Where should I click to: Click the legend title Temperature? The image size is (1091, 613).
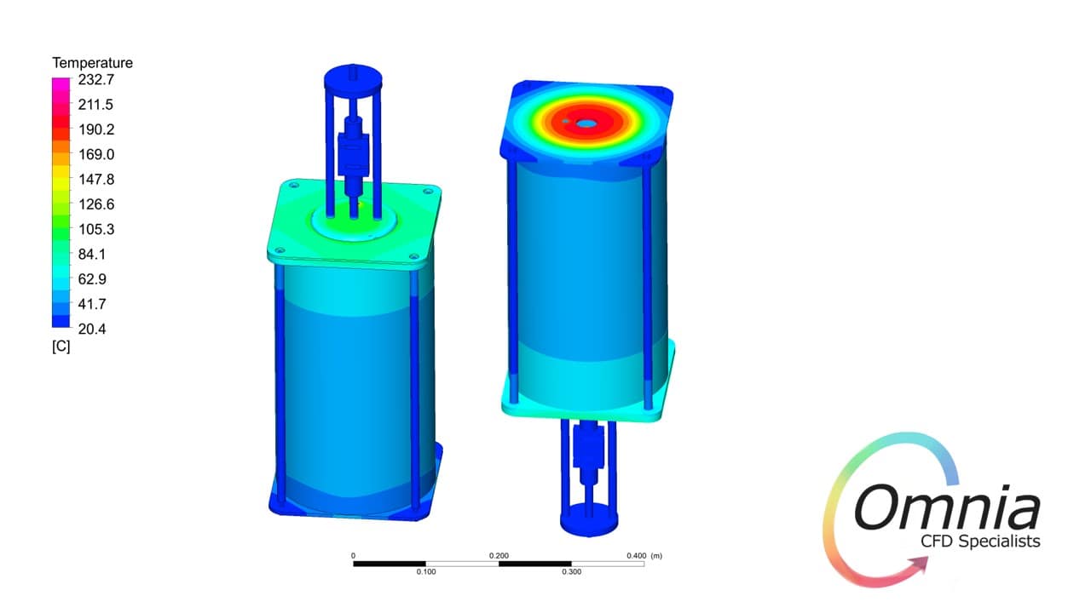tap(92, 63)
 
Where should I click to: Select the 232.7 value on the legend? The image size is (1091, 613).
tap(96, 80)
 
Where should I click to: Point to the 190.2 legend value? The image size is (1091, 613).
tap(96, 129)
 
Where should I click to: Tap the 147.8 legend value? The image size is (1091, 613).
tap(96, 180)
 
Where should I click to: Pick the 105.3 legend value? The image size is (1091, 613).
tap(96, 229)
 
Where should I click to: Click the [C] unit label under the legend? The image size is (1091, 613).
tap(61, 347)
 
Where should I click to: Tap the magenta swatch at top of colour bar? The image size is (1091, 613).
tap(61, 83)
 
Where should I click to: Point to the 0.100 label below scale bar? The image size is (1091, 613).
tap(425, 571)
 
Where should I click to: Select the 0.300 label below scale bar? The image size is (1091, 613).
tap(571, 571)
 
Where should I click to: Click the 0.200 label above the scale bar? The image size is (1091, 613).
tap(499, 555)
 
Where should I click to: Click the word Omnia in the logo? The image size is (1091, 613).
tap(946, 508)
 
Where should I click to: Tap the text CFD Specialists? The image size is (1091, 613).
tap(980, 541)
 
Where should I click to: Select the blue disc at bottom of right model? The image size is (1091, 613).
tap(588, 518)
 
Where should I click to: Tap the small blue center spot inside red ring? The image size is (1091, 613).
tap(586, 123)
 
